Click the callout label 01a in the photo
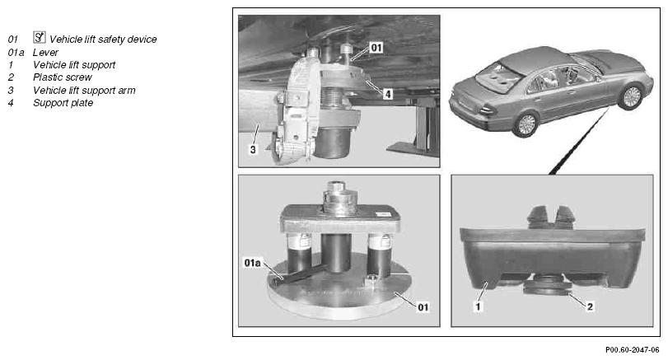point(252,263)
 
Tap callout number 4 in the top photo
point(387,94)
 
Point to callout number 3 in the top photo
point(253,150)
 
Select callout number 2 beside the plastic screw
point(590,306)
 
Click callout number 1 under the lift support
point(478,306)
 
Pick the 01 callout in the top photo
point(376,47)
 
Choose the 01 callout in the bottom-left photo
point(423,306)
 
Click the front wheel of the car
point(632,96)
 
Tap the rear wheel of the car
point(526,124)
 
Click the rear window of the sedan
point(498,76)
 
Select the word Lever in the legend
point(45,53)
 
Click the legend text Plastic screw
point(63,77)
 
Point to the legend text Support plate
point(63,103)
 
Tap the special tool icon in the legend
point(40,38)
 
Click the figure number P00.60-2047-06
point(632,350)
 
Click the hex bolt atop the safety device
point(337,188)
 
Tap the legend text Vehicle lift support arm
point(84,91)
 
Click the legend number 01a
point(16,53)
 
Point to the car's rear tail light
point(488,110)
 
